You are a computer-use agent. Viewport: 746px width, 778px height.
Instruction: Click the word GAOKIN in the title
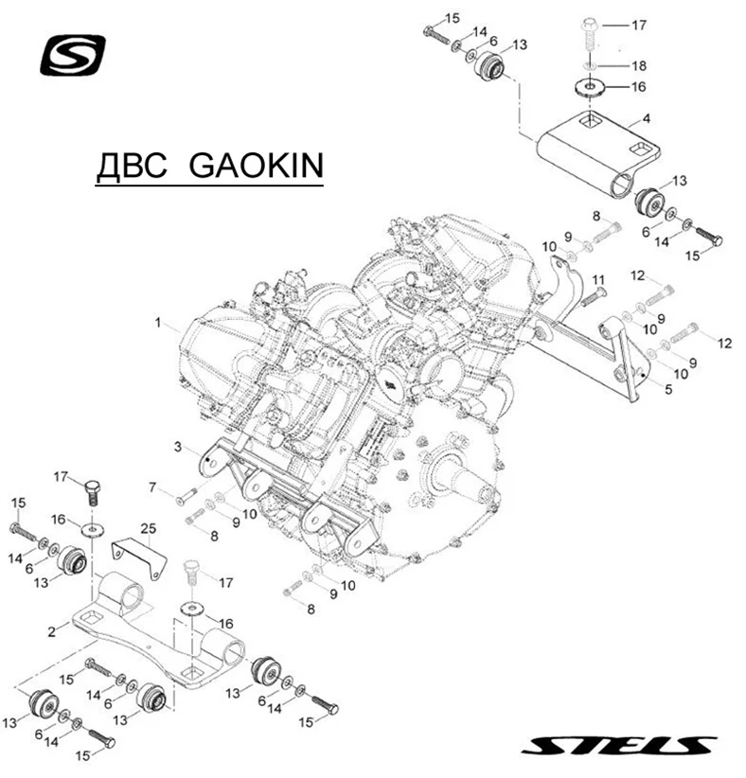point(257,167)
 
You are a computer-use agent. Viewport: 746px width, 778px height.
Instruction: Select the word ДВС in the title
point(133,167)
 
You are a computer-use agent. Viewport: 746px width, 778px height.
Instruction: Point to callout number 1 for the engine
point(159,323)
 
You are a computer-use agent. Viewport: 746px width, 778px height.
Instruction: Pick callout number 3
point(177,444)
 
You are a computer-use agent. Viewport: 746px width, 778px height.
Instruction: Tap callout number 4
point(646,119)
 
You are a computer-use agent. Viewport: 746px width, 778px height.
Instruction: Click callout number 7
point(151,486)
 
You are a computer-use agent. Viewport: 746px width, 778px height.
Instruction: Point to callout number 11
point(597,280)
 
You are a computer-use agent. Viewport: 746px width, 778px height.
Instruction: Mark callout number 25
point(148,526)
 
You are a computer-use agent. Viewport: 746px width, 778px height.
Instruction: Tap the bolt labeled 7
point(185,492)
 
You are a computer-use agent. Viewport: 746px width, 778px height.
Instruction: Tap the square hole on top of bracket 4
point(591,120)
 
